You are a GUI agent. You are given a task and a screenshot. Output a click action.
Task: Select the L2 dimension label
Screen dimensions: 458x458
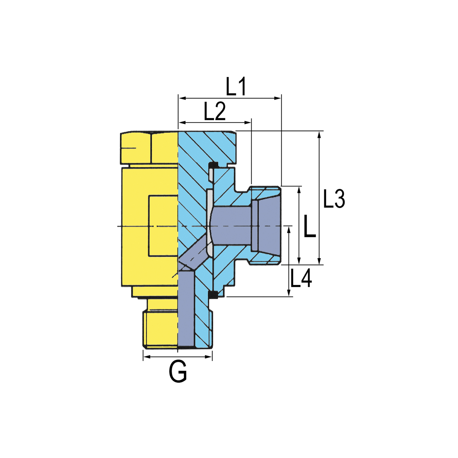click(x=215, y=111)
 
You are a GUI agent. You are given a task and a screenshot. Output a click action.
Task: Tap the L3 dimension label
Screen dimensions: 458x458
click(x=334, y=199)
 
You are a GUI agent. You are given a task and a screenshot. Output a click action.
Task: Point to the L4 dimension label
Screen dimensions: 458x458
click(x=301, y=278)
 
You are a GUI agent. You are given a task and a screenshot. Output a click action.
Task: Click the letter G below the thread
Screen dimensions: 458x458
click(x=178, y=371)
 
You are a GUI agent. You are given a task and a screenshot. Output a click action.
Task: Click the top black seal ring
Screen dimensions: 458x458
click(x=213, y=164)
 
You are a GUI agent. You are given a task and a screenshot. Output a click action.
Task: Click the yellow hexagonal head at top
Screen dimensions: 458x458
click(x=149, y=148)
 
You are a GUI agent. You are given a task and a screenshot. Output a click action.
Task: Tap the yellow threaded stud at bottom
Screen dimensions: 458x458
click(x=161, y=329)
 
